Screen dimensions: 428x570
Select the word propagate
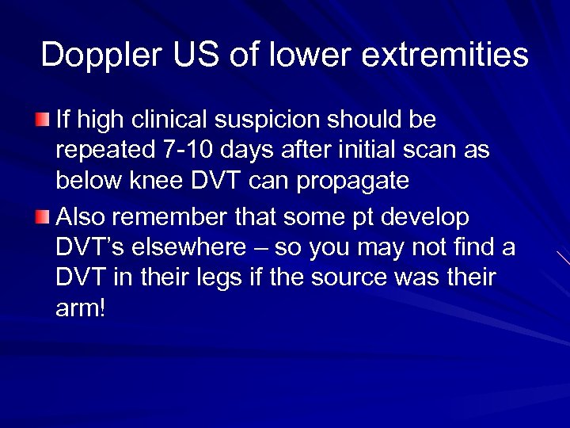[x=353, y=182]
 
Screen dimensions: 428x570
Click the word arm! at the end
[x=80, y=309]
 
